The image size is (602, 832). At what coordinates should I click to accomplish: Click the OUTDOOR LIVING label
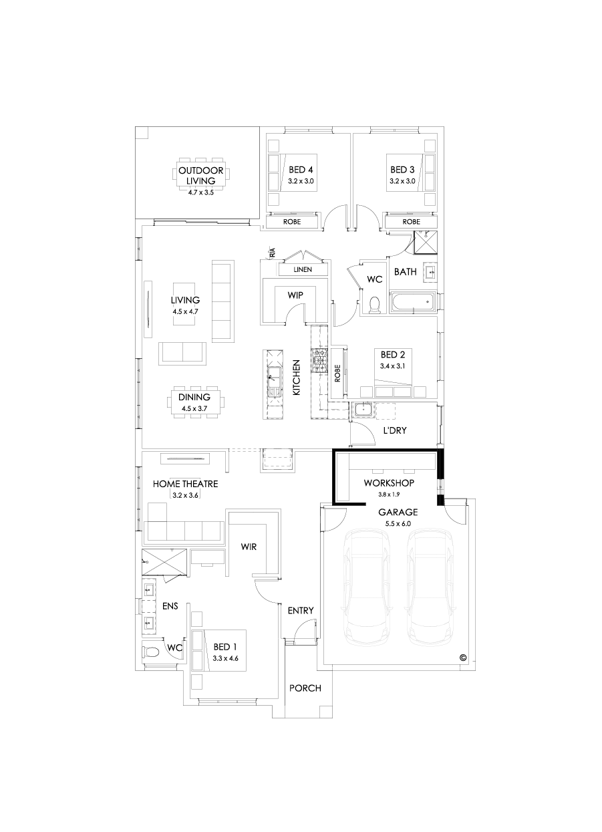201,175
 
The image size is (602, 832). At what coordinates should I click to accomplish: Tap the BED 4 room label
301,170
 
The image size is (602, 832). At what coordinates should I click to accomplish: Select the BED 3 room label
402,170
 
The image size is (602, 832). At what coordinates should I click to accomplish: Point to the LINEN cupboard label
303,269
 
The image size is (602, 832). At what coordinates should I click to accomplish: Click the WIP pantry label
295,294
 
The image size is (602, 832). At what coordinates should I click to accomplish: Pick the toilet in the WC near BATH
374,304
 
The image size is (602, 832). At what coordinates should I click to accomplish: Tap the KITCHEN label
296,378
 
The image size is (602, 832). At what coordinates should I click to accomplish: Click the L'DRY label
394,430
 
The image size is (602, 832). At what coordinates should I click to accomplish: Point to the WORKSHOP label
389,482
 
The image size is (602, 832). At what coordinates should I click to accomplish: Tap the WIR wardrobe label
249,547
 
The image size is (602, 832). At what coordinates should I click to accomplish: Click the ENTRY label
300,611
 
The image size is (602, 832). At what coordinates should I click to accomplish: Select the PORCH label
305,688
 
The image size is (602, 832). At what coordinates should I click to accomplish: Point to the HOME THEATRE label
185,484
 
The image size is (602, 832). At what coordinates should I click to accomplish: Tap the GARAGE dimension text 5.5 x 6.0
398,525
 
